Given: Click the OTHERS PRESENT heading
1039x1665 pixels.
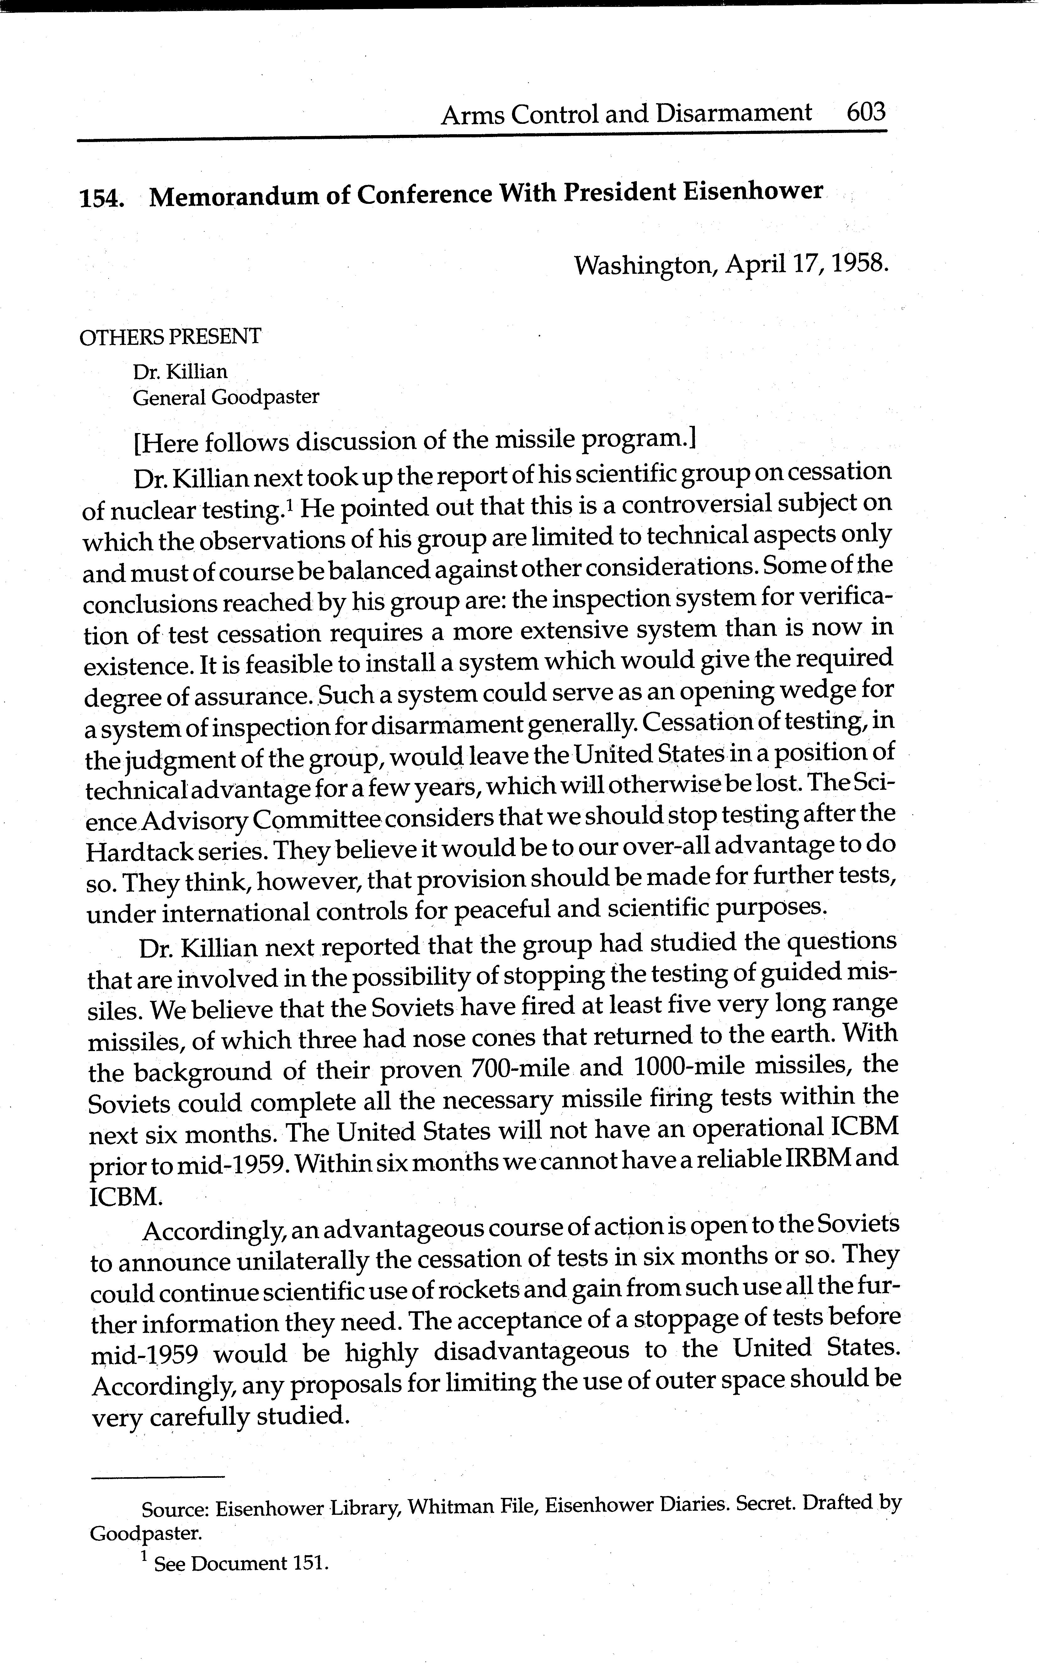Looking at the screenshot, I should pos(170,336).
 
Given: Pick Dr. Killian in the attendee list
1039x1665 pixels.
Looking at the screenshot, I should pos(180,372).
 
